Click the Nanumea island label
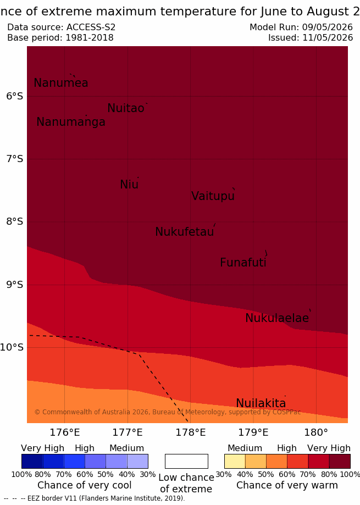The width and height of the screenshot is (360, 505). tap(61, 83)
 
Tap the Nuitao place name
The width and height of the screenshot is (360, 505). tap(126, 108)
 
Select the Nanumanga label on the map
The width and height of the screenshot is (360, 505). tap(71, 122)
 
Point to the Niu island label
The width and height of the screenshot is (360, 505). tap(129, 185)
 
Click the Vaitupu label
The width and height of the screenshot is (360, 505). tap(213, 196)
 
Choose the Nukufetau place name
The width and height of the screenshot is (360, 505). tap(185, 232)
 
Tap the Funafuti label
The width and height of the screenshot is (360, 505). tap(243, 263)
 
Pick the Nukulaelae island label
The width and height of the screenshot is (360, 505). tap(277, 318)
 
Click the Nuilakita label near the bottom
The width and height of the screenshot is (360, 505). tap(261, 403)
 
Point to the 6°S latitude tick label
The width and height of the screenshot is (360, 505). tap(14, 96)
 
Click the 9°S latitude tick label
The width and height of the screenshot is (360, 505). tap(14, 285)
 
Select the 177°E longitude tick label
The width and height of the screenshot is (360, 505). tap(128, 432)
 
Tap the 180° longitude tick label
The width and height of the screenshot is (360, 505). tap(316, 432)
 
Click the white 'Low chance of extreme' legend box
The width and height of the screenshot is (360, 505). tap(186, 461)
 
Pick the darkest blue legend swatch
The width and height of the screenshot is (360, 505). tap(32, 461)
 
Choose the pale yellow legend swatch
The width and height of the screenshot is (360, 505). tap(235, 461)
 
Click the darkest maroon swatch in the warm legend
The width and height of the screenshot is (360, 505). tap(340, 461)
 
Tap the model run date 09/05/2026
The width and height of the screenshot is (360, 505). tap(328, 27)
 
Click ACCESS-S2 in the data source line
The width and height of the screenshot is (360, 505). tap(91, 27)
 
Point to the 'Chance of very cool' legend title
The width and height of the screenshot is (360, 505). tap(84, 485)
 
